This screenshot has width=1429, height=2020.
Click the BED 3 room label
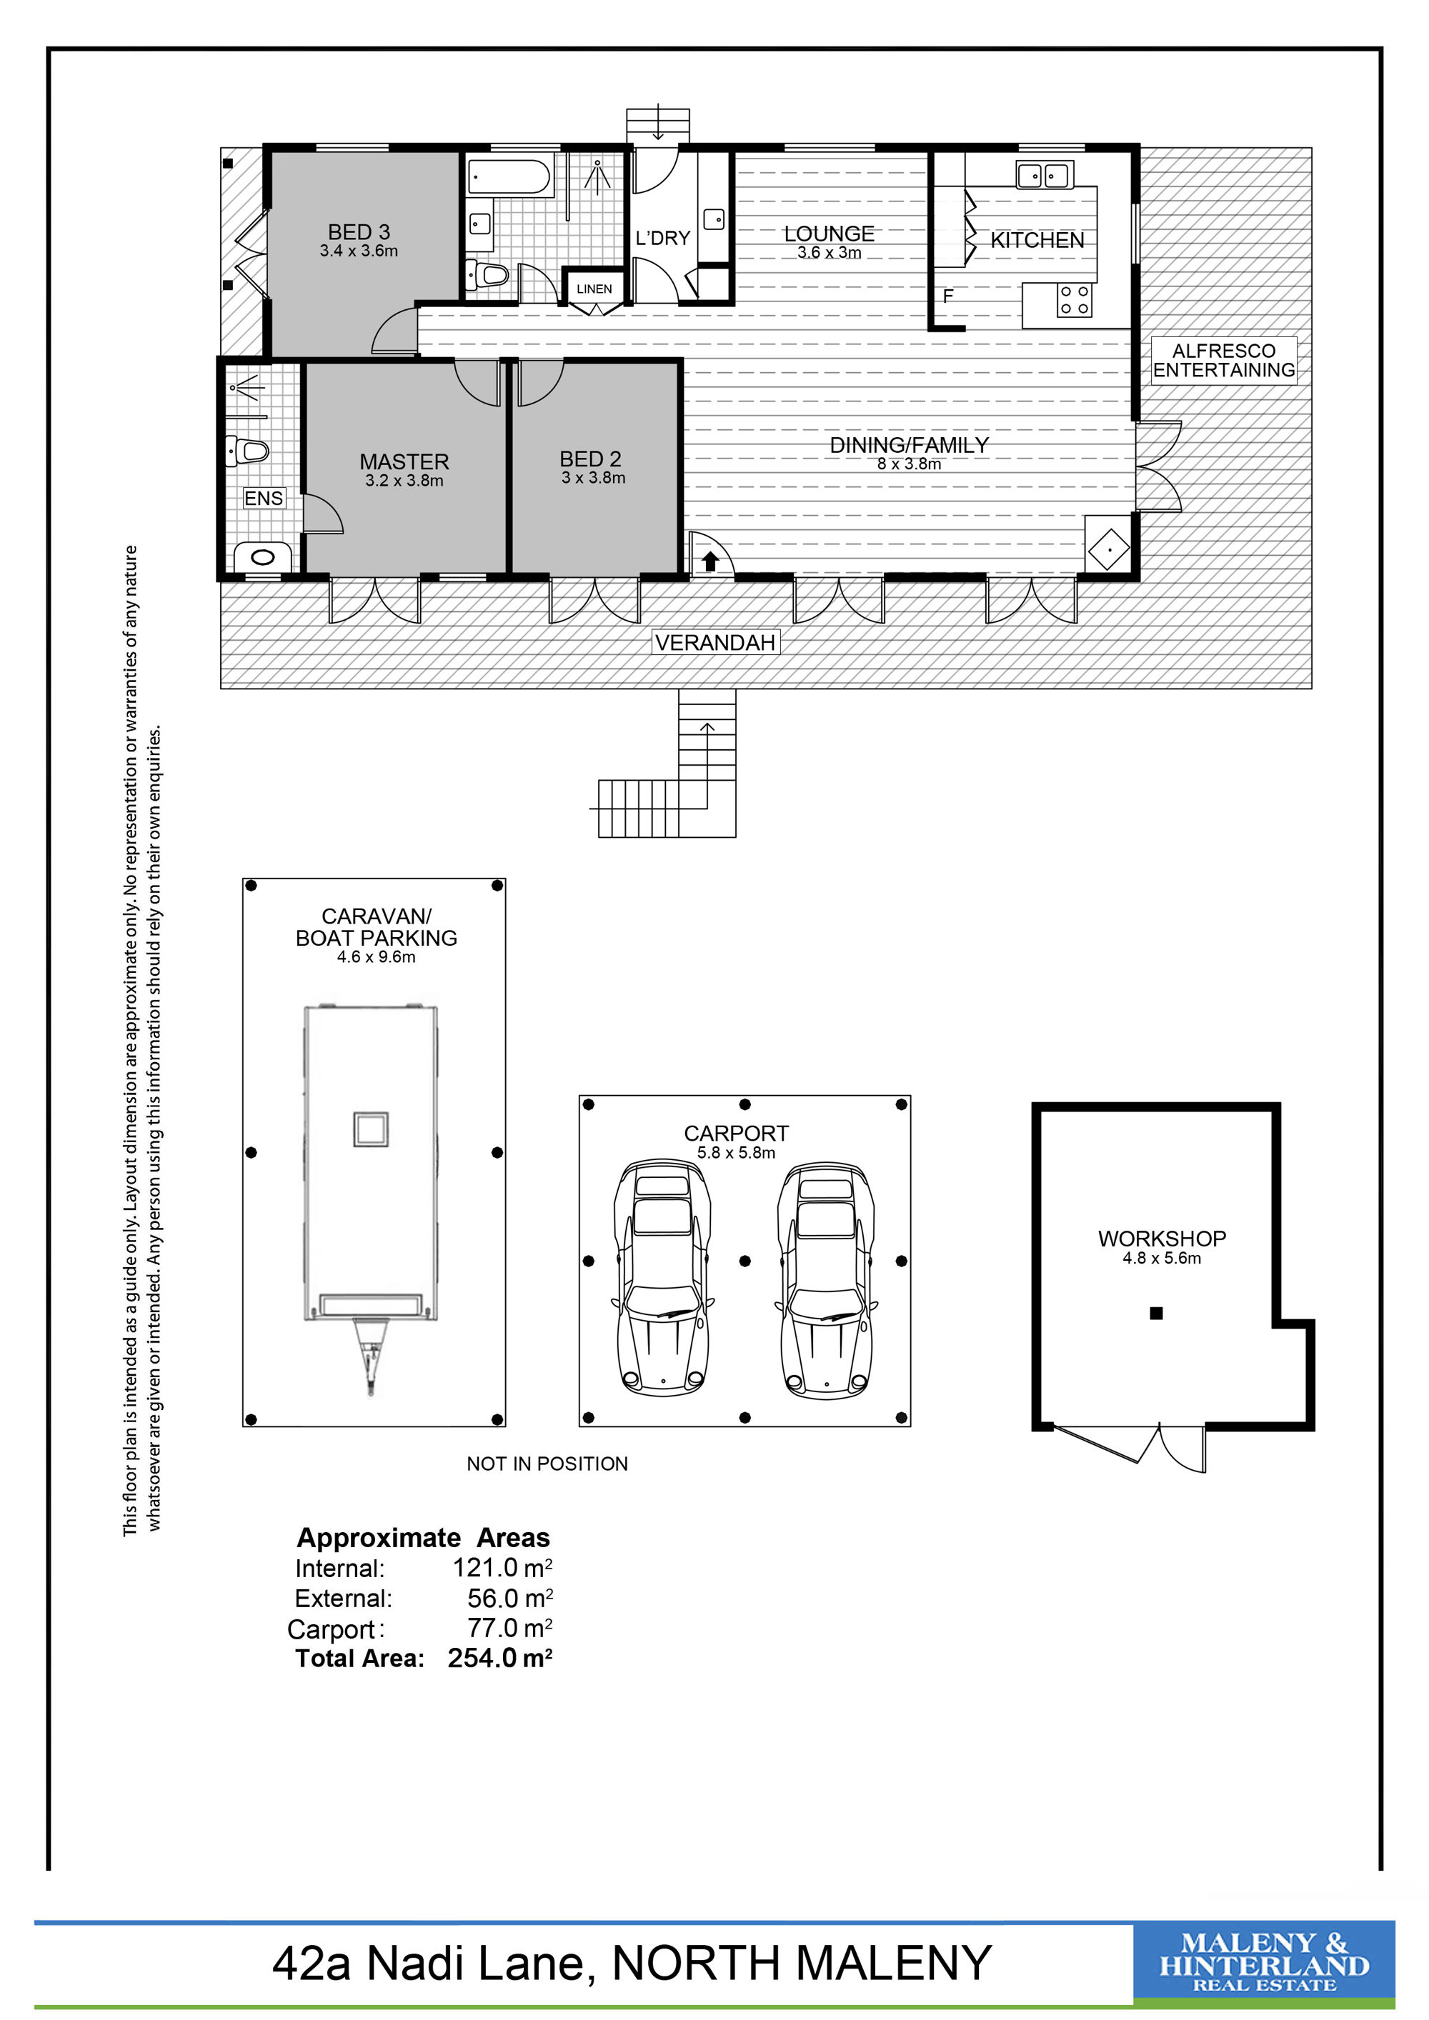pyautogui.click(x=358, y=232)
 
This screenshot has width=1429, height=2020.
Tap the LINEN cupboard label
pyautogui.click(x=594, y=289)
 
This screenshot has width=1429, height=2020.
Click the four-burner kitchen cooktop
pyautogui.click(x=1075, y=299)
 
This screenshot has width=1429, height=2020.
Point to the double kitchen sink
pyautogui.click(x=1044, y=175)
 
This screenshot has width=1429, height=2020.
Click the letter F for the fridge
pyautogui.click(x=947, y=296)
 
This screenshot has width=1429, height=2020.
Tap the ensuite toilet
pyautogui.click(x=247, y=451)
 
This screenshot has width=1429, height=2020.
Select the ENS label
pyautogui.click(x=264, y=498)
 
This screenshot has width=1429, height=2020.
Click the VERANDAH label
pyautogui.click(x=715, y=642)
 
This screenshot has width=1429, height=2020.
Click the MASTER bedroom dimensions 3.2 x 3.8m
pyautogui.click(x=405, y=481)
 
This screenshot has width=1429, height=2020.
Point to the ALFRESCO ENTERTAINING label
pyautogui.click(x=1224, y=360)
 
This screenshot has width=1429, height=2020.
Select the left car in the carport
pyautogui.click(x=662, y=1279)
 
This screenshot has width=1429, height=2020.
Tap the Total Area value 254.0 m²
pyautogui.click(x=500, y=1658)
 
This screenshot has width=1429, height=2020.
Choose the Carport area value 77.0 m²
pyautogui.click(x=509, y=1628)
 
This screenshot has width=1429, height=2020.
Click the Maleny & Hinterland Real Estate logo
pyautogui.click(x=1263, y=1962)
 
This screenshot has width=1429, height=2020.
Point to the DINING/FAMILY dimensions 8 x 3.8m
pyautogui.click(x=909, y=464)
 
